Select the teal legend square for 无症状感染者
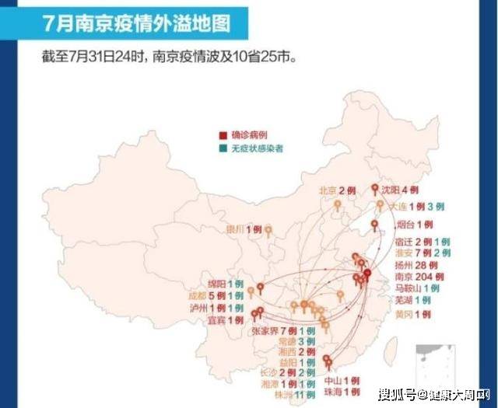223,148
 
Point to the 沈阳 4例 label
402,190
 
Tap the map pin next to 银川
268,230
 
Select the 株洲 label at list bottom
286,394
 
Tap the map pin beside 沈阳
374,189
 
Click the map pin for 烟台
374,225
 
